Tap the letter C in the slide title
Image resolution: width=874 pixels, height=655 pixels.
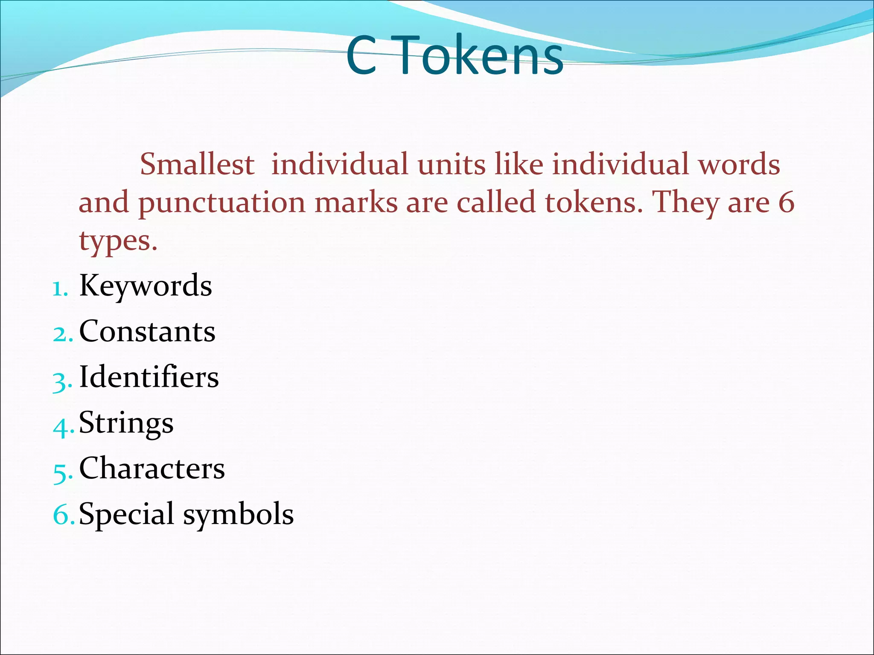[361, 55]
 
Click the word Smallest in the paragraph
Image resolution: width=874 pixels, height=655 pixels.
[197, 164]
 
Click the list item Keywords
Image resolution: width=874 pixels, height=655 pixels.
[146, 286]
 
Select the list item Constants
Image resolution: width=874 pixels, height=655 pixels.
[147, 331]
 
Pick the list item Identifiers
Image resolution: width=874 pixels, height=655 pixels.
[149, 377]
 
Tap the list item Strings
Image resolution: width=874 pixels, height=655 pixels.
[126, 423]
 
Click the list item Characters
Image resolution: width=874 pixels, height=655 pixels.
[152, 468]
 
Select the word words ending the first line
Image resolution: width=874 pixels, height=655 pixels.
[739, 164]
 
